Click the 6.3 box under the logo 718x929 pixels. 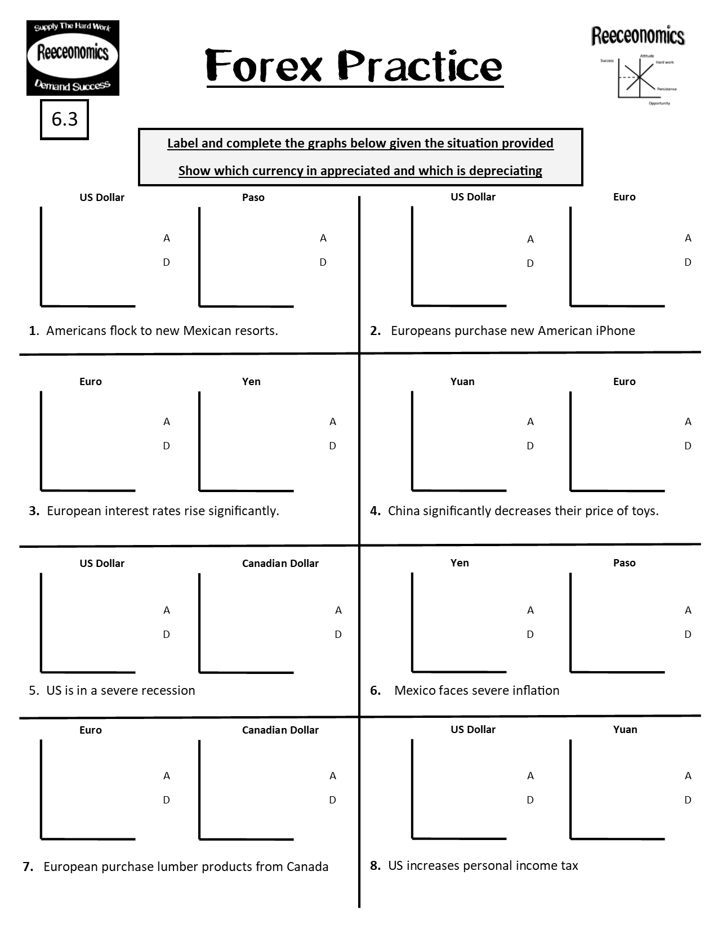tap(64, 119)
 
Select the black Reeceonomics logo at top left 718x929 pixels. tap(73, 57)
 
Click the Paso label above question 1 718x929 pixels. tap(253, 198)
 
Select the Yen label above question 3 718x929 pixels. tap(251, 382)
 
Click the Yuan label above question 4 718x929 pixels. tap(462, 382)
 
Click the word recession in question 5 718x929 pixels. tap(169, 691)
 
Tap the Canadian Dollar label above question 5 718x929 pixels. tap(280, 564)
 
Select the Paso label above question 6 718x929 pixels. tap(624, 563)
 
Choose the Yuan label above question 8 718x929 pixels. tap(625, 730)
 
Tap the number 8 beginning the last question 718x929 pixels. tap(374, 866)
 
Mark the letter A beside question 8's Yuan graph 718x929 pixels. tap(688, 776)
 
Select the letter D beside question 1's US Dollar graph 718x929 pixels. tap(166, 262)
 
